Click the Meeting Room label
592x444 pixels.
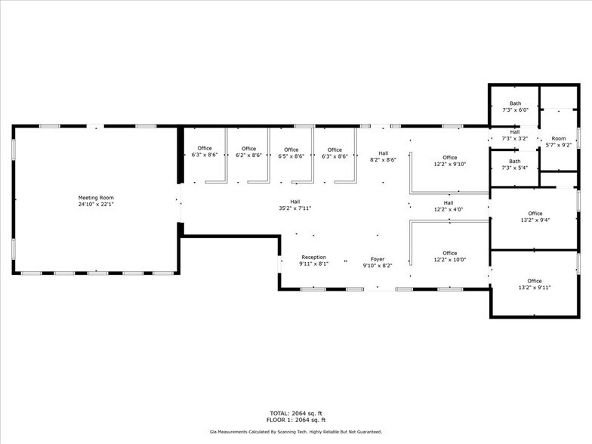pos(96,198)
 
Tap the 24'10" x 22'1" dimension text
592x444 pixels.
pos(96,204)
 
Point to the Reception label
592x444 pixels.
pos(313,257)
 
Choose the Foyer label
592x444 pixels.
pos(378,259)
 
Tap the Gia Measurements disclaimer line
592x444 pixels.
pos(296,432)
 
